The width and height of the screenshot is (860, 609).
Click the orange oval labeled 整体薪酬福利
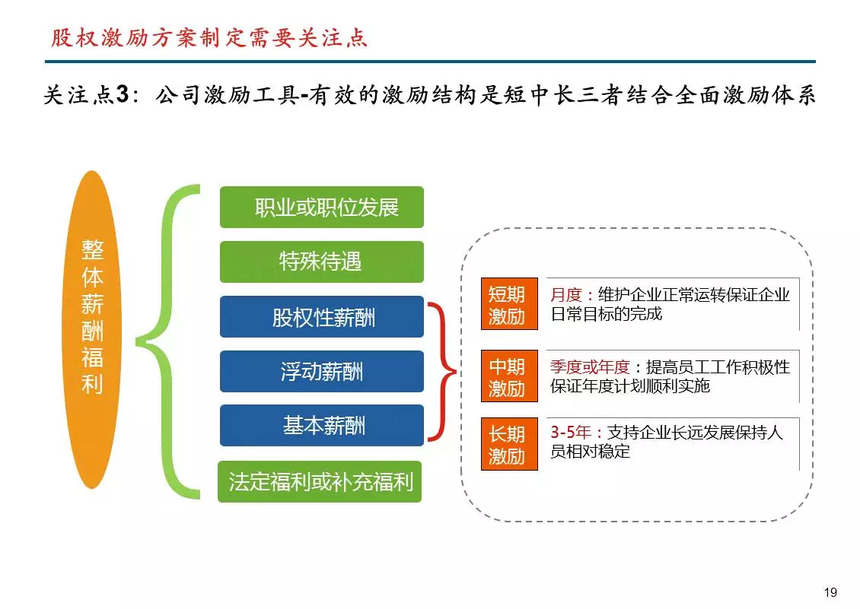click(91, 329)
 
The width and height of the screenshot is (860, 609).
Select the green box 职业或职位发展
click(322, 208)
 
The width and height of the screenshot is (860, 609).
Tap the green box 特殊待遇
click(322, 262)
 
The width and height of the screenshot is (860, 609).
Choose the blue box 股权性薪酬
click(322, 317)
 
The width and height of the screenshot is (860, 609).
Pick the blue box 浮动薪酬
click(322, 371)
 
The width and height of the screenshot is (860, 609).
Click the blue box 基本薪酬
click(322, 425)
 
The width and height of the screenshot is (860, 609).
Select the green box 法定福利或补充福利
click(320, 482)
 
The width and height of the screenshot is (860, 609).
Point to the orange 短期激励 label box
click(509, 304)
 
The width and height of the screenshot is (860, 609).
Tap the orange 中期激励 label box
click(509, 376)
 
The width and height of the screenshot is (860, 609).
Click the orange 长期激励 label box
click(509, 444)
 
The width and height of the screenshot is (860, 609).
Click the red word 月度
click(566, 295)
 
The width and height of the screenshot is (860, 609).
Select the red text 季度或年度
click(590, 366)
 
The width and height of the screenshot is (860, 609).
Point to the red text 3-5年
click(570, 433)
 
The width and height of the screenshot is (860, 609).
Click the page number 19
click(830, 592)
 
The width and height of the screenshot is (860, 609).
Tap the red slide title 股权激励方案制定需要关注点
click(209, 38)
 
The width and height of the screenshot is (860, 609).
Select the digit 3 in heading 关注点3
click(123, 94)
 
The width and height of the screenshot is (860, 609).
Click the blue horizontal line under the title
click(430, 62)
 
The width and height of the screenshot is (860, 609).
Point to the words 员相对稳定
click(590, 452)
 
